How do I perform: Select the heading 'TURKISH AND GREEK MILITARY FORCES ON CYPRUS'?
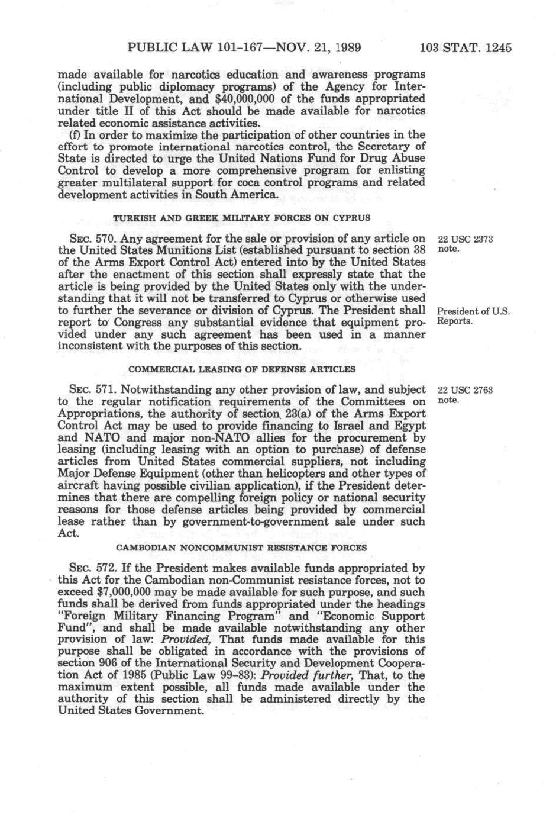(x=242, y=218)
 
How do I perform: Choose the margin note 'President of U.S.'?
(x=473, y=311)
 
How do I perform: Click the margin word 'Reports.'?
(x=455, y=321)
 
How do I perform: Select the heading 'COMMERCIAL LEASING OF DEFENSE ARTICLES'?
(x=242, y=369)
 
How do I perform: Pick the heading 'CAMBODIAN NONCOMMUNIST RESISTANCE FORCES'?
(x=241, y=548)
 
